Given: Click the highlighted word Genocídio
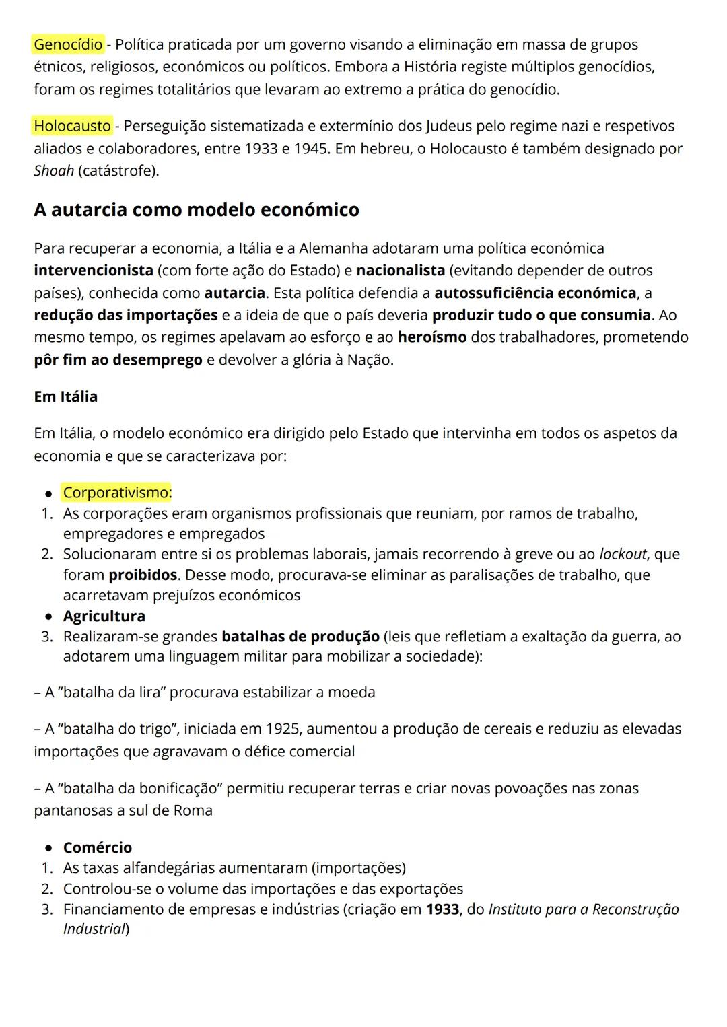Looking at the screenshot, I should tap(69, 45).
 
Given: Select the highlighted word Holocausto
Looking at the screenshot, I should tap(73, 126).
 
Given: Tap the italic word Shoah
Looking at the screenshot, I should tap(54, 171).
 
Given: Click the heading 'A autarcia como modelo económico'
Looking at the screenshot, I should tap(197, 210).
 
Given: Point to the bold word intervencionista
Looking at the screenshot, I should tap(94, 271).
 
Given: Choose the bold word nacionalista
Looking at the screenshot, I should tap(401, 271).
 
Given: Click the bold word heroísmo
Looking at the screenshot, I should tap(432, 337).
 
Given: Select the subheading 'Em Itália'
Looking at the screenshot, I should tap(66, 397).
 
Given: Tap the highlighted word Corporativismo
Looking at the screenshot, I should tap(116, 493).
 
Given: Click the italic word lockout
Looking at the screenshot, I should tap(623, 555).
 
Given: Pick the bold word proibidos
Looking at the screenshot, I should tap(143, 575).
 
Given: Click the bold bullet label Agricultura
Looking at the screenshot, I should tap(104, 616).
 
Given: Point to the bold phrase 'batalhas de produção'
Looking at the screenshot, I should tap(300, 637).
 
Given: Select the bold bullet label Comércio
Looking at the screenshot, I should tap(98, 848).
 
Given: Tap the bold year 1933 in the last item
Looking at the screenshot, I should tap(443, 910).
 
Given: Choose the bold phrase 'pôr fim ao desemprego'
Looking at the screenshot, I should tap(118, 360).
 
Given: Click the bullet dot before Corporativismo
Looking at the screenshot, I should tap(49, 493).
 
